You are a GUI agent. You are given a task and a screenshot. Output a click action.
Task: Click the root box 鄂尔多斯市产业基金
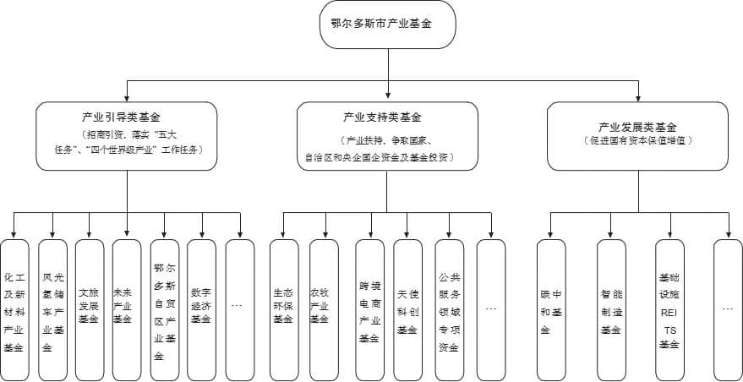click(388, 25)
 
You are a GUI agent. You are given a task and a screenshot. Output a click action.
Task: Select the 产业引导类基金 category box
click(127, 135)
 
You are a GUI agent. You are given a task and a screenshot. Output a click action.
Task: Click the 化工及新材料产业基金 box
click(14, 308)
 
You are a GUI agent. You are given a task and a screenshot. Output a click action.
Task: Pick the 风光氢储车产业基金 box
click(52, 308)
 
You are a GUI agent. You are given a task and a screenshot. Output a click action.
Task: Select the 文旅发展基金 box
click(90, 308)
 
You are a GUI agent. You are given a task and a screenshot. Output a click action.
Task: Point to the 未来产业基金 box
click(127, 308)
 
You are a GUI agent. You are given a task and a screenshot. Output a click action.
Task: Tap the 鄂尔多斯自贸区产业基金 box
click(164, 308)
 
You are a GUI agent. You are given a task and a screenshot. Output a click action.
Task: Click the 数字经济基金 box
click(201, 308)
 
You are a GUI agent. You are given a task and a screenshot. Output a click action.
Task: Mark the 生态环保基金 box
click(283, 308)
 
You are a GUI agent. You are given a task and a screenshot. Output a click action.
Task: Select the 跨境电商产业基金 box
click(369, 308)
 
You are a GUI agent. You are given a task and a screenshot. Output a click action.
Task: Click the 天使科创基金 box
click(407, 308)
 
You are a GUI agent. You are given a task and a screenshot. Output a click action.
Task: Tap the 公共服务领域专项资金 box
click(449, 308)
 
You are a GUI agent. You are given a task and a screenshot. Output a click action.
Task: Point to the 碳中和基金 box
click(551, 308)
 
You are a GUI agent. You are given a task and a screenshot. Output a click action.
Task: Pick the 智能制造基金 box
click(611, 308)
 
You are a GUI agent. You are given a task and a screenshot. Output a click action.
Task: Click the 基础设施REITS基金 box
click(669, 308)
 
